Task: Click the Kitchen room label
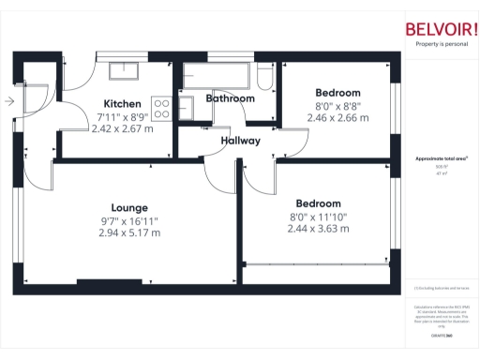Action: (x=122, y=103)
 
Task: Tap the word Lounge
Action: (x=129, y=207)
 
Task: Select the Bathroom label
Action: (x=231, y=98)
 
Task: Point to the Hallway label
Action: (x=241, y=141)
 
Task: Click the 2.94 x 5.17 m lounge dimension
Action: (x=129, y=232)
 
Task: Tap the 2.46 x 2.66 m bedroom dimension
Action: (x=337, y=119)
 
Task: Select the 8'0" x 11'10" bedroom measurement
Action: (x=319, y=216)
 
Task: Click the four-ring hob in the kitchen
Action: (x=162, y=109)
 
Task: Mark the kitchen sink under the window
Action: (x=123, y=70)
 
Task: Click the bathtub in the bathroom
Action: (x=217, y=75)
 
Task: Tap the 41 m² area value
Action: (x=440, y=173)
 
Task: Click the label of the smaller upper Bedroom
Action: (x=337, y=93)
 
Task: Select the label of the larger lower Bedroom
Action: (x=319, y=203)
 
